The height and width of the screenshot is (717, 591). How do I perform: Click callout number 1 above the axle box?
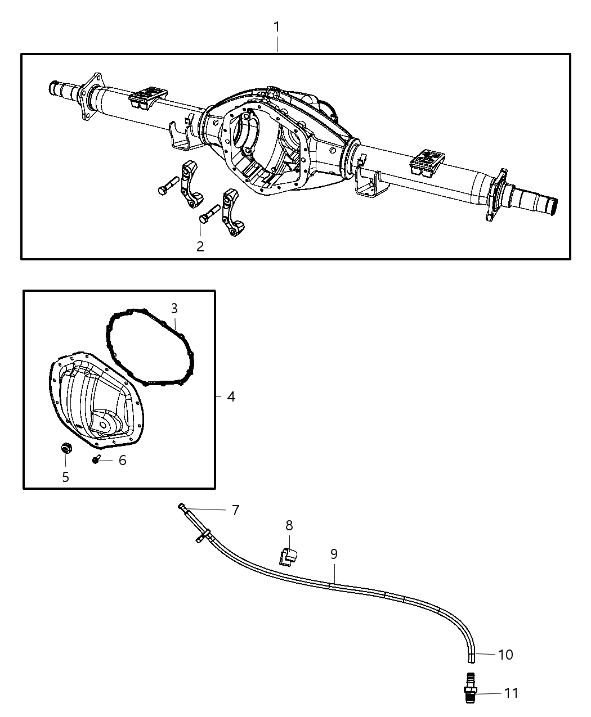click(276, 27)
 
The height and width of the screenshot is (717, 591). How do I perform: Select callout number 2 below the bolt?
click(200, 246)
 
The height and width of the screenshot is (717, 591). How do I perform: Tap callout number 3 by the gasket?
click(174, 308)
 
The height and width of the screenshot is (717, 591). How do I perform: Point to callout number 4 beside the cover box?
click(231, 396)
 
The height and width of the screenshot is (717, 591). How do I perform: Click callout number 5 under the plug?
click(66, 477)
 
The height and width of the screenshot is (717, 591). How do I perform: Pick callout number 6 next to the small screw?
click(122, 461)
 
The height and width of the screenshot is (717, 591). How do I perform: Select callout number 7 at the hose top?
click(235, 510)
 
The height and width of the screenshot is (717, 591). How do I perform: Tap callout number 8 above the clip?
click(289, 525)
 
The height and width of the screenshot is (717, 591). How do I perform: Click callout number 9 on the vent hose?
click(334, 554)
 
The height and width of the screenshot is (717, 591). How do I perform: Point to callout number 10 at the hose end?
click(505, 655)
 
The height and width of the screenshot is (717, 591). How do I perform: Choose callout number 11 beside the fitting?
click(511, 693)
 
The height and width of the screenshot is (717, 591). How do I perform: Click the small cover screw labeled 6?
click(96, 461)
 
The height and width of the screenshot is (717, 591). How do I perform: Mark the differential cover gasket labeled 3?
click(150, 347)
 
